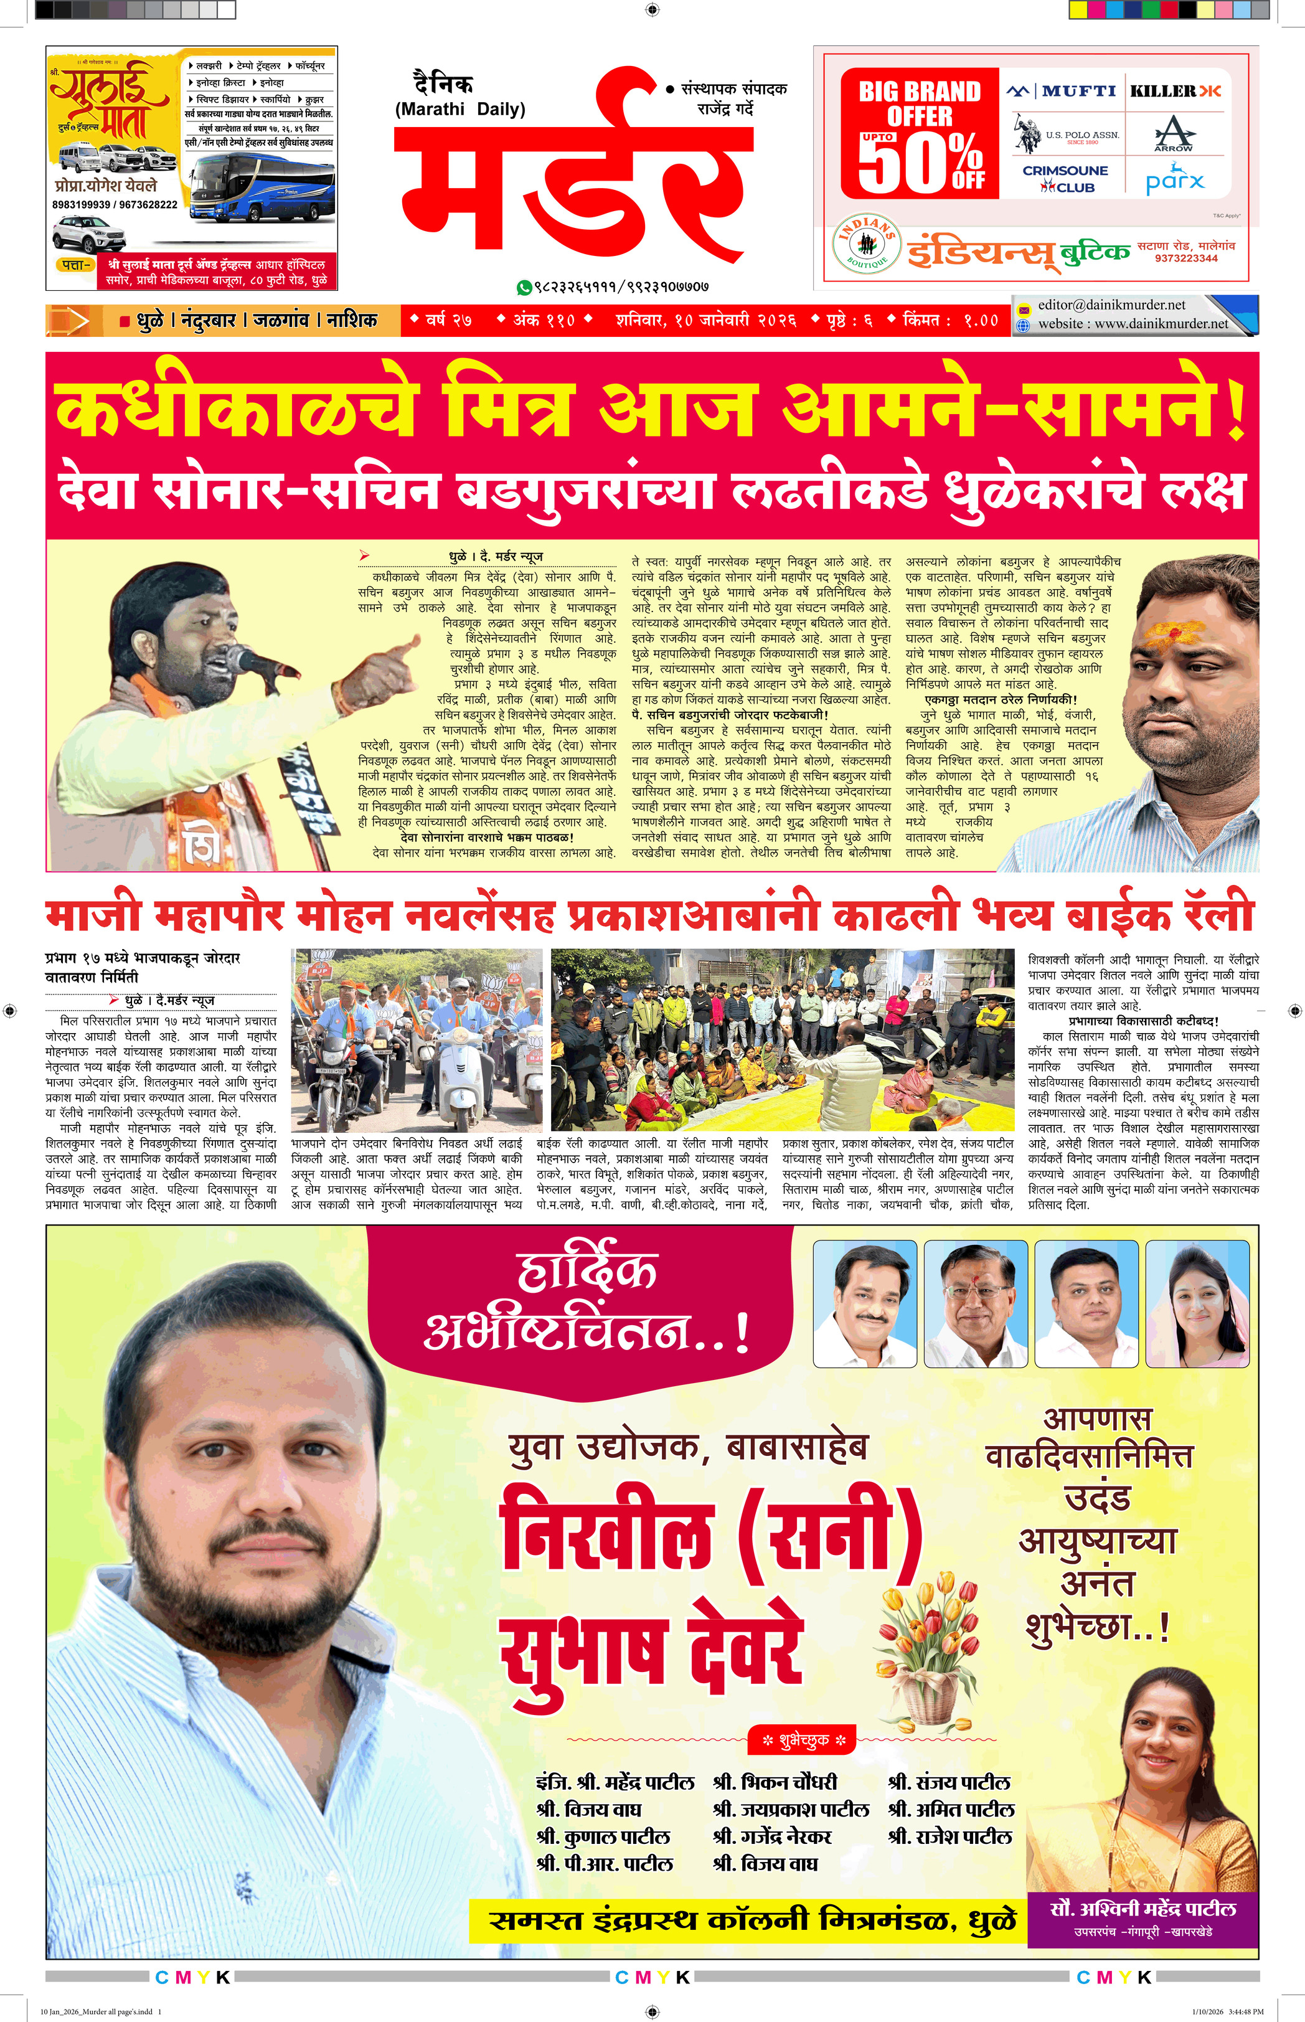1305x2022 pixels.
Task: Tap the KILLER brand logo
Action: [1175, 91]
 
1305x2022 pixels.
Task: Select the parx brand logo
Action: [1174, 181]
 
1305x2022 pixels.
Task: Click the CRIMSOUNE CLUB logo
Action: [1064, 178]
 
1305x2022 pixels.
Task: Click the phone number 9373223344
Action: [1185, 258]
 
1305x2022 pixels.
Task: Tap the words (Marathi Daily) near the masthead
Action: [459, 110]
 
